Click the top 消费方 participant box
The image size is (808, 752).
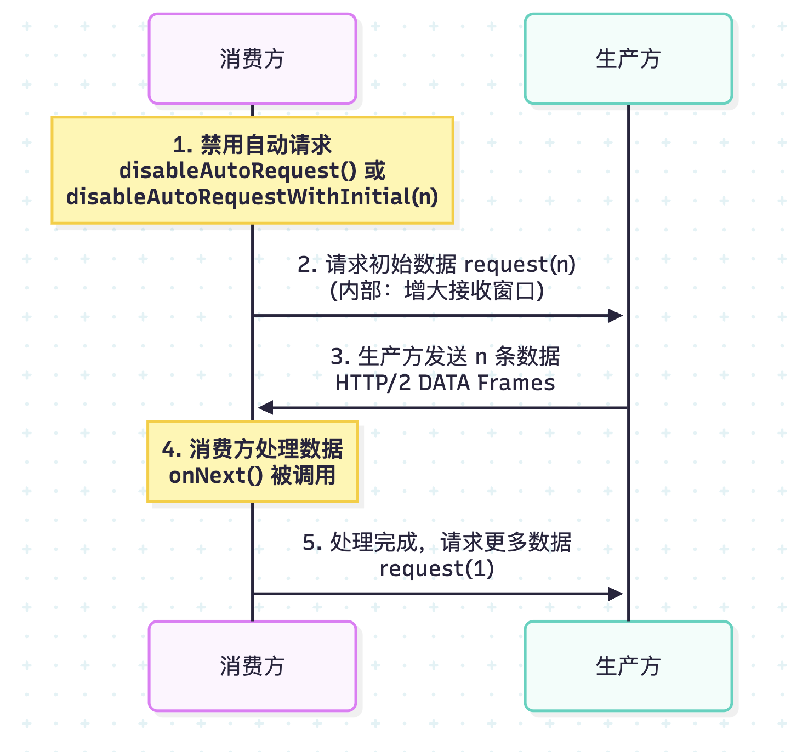click(x=252, y=59)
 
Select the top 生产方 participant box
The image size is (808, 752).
click(x=628, y=59)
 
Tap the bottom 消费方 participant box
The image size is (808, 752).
click(x=252, y=666)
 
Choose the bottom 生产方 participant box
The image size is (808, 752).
click(x=628, y=666)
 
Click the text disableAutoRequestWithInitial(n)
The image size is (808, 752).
click(x=252, y=197)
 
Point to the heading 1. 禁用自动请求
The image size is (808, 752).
click(x=252, y=145)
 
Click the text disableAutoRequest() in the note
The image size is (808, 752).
click(x=238, y=171)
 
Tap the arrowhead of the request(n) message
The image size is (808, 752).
click(x=616, y=316)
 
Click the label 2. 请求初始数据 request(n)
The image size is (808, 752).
click(x=436, y=265)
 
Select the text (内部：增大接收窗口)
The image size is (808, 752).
click(x=436, y=290)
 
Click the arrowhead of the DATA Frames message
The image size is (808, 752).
click(x=266, y=407)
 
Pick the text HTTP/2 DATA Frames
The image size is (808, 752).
click(x=445, y=383)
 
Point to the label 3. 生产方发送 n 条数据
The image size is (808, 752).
click(x=445, y=357)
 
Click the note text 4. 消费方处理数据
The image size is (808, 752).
click(x=252, y=449)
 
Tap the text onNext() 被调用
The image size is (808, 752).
click(x=252, y=475)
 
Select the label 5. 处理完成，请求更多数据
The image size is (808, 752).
click(x=436, y=543)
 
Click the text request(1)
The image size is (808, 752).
click(x=436, y=568)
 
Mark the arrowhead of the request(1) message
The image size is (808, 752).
click(x=616, y=594)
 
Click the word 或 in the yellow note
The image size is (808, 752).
click(x=375, y=171)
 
